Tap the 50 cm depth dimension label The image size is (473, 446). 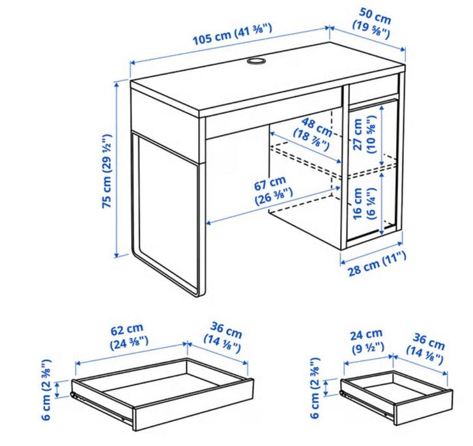point(373,23)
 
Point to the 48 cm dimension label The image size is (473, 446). point(313,134)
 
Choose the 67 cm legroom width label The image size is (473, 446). point(272,190)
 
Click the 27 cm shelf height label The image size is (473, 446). point(364,134)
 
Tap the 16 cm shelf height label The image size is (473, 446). point(364,203)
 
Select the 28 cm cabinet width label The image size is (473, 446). point(377,263)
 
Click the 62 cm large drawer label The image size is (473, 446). point(128,336)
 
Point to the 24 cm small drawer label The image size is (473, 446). point(367,340)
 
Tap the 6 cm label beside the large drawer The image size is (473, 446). point(46,389)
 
